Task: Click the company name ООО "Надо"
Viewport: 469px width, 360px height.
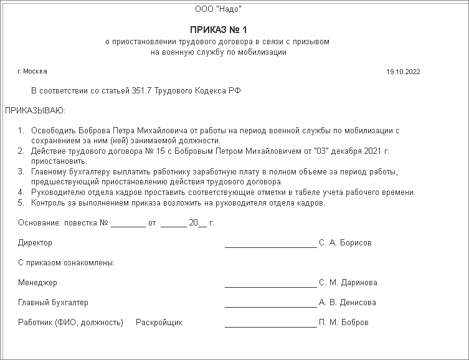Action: tap(219, 9)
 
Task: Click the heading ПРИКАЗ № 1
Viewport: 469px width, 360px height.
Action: tap(219, 30)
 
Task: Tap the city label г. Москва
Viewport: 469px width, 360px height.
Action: tap(32, 71)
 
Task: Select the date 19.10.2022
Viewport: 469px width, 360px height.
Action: tap(403, 72)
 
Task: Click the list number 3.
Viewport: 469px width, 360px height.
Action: tap(20, 171)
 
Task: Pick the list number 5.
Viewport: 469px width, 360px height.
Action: tap(20, 202)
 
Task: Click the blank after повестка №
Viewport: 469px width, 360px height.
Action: tap(128, 222)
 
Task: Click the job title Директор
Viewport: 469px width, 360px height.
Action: tap(35, 243)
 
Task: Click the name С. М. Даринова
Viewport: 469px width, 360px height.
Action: tap(348, 283)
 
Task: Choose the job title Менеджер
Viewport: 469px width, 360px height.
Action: tap(37, 283)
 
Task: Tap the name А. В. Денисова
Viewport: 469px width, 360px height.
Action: tap(347, 303)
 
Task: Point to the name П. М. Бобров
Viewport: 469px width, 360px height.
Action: tap(343, 323)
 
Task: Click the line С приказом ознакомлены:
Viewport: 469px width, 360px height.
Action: tap(66, 263)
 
